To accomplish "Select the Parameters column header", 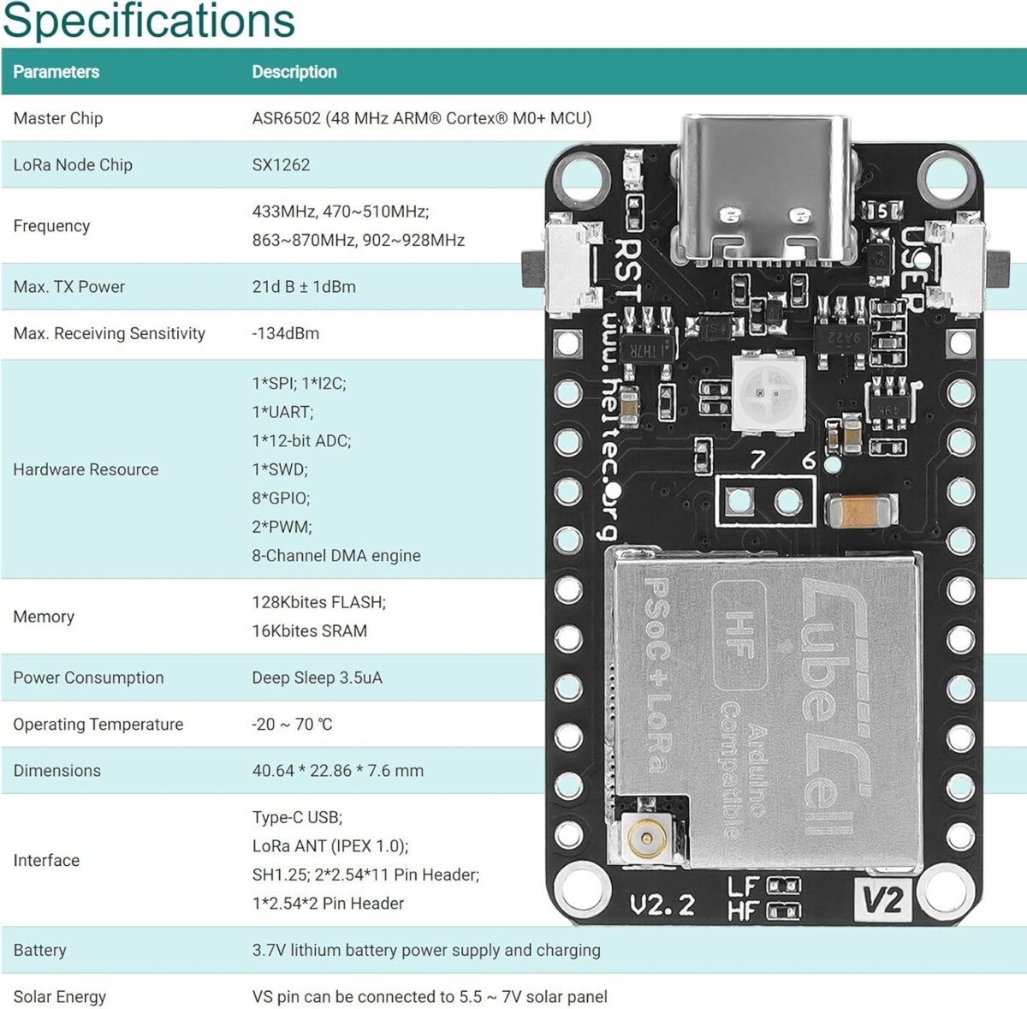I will [x=56, y=72].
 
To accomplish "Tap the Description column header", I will [x=294, y=72].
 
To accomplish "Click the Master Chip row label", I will [x=58, y=118].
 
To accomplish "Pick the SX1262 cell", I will [x=281, y=164].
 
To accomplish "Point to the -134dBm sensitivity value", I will [x=286, y=333].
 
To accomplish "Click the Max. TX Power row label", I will [x=69, y=287].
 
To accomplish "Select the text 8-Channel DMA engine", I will [x=336, y=555].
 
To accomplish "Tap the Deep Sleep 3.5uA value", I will [x=318, y=678].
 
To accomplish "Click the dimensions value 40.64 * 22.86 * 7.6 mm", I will [x=338, y=770].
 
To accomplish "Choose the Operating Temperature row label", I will [x=98, y=724].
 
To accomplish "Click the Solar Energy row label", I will [x=60, y=996].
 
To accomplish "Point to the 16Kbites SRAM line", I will [x=310, y=630].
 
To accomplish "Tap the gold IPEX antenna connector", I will [x=647, y=835].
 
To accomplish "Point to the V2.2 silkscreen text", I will [x=662, y=905].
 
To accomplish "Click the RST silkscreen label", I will [x=628, y=269].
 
